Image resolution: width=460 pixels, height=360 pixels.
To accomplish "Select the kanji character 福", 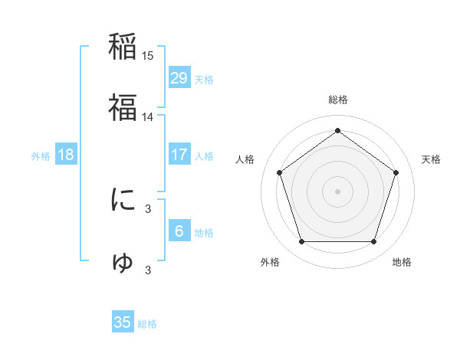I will click(x=123, y=107).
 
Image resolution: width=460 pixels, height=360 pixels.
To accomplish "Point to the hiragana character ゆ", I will click(x=123, y=262).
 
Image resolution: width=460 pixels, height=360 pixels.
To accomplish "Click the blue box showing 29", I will click(x=179, y=78).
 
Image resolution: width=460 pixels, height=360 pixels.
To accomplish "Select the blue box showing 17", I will click(x=179, y=155).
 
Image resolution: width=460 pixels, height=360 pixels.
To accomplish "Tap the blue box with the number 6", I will click(x=179, y=231).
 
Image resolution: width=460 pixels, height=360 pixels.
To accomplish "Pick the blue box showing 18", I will click(x=66, y=155).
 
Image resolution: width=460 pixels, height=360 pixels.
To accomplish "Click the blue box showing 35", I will click(x=123, y=322).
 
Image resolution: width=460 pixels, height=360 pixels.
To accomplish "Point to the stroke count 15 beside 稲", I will click(x=148, y=56).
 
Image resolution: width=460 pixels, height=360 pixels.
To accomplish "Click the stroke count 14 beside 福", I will click(x=148, y=117).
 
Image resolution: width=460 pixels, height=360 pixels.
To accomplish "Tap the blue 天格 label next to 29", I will click(x=204, y=79).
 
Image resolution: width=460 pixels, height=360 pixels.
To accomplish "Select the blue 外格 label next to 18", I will click(x=41, y=155).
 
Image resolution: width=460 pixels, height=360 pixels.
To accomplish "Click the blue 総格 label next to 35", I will click(x=147, y=324).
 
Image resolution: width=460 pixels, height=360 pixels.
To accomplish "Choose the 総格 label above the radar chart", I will click(x=338, y=100).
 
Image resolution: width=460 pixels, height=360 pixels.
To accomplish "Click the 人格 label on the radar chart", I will click(x=245, y=159).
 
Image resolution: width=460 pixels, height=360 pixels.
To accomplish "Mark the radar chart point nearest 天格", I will click(x=396, y=172).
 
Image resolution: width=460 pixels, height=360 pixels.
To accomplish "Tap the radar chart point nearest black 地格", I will click(x=373, y=242).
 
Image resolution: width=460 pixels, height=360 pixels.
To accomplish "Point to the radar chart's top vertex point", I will click(x=338, y=130).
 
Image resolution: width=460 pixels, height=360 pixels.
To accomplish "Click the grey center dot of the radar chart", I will click(x=338, y=191).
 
